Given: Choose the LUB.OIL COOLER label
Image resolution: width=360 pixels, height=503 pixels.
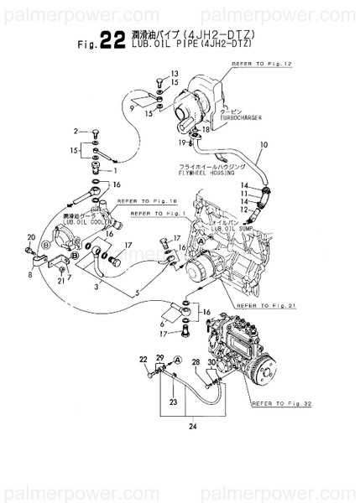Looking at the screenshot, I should click(x=82, y=223).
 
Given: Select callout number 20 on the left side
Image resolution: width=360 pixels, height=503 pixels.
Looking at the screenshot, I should click(x=32, y=237).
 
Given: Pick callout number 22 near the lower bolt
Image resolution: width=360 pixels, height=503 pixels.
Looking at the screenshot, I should click(x=143, y=360).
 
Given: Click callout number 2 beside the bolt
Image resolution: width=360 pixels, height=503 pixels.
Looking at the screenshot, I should click(x=75, y=132).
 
